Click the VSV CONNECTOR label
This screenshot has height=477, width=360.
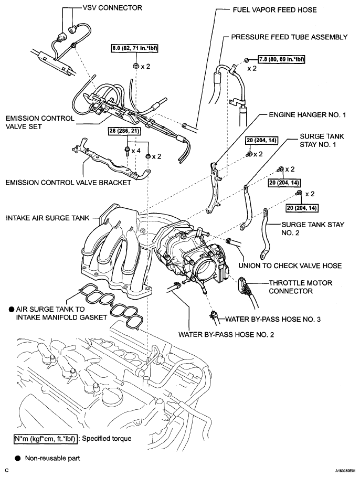coord(112,7)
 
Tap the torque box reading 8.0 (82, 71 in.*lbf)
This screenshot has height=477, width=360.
coord(135,48)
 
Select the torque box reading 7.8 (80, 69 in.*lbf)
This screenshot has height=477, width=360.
coord(281,59)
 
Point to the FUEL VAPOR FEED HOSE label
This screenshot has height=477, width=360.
coord(275,10)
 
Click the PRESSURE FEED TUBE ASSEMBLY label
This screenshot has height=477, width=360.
coord(289,37)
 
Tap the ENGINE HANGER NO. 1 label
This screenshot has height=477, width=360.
coord(308,115)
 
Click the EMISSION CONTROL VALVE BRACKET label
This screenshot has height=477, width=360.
coord(68,183)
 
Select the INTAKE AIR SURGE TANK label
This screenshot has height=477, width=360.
coord(48,218)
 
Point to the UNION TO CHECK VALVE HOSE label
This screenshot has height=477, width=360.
coord(290,266)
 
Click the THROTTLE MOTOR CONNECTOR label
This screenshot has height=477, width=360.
coord(300,287)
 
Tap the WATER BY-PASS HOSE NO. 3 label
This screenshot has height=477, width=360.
coord(273,319)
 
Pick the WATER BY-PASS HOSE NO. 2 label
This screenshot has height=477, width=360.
coord(226,335)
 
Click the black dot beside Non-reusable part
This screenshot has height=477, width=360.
coord(18,458)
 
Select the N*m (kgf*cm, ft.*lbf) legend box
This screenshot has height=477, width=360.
coord(45,439)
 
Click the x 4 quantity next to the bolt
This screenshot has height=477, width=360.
coord(135,150)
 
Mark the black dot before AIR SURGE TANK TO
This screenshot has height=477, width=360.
coord(11,310)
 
